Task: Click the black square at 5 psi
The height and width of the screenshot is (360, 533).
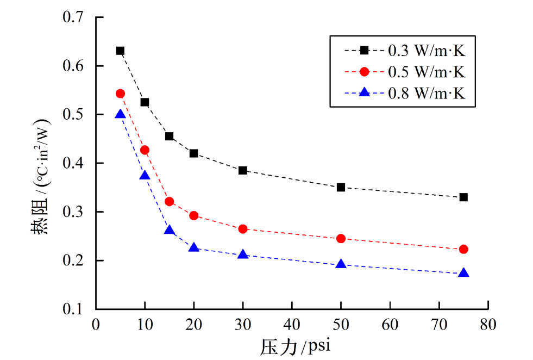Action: (x=120, y=51)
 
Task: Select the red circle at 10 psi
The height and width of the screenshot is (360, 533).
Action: (x=145, y=150)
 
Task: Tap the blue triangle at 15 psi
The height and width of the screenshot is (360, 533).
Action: (x=169, y=231)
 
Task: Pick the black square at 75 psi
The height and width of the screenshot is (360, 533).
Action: (x=463, y=197)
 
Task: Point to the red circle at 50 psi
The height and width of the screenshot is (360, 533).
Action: (x=341, y=238)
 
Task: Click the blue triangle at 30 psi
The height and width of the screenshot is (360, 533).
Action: (x=243, y=255)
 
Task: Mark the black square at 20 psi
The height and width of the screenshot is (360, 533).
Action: (x=193, y=153)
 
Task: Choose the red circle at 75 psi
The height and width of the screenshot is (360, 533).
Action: (x=463, y=249)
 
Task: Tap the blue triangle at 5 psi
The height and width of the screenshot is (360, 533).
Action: (x=120, y=114)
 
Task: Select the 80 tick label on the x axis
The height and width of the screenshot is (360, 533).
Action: (x=488, y=324)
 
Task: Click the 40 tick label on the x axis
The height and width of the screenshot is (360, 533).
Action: (x=292, y=324)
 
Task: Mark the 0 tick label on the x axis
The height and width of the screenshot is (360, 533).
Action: (x=96, y=324)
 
